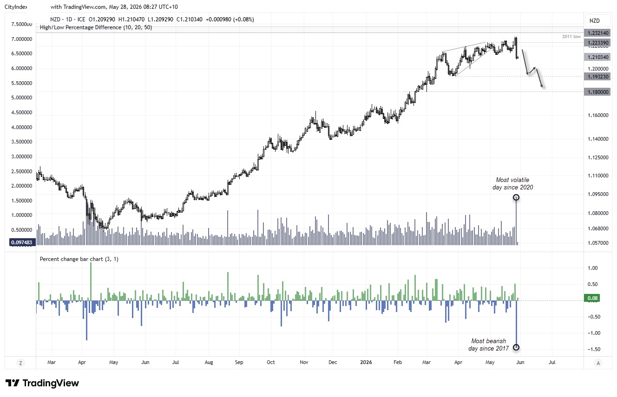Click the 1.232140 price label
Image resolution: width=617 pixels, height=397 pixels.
[x=597, y=33]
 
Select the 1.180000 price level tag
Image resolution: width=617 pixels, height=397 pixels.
[x=597, y=92]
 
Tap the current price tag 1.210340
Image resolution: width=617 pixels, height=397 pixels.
[x=597, y=57]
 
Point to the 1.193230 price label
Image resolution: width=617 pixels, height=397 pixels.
[x=597, y=77]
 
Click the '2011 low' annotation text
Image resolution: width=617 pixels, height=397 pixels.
[x=571, y=37]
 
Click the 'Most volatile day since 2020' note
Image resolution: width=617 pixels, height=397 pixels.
[x=512, y=183]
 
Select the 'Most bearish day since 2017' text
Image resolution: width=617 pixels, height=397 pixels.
[x=488, y=345]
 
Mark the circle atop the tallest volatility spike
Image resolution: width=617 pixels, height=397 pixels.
[x=516, y=197]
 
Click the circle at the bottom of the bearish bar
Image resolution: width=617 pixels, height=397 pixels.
[x=516, y=347]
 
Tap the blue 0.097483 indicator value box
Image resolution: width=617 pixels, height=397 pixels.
[x=22, y=242]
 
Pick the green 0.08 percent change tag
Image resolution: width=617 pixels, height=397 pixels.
[x=592, y=298]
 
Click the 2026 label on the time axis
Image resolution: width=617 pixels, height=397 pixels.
[x=366, y=362]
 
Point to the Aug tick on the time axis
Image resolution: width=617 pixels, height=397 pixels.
[x=209, y=362]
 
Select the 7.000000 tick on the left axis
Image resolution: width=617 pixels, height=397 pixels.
[x=21, y=39]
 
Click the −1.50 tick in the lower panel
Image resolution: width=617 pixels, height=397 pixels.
[x=594, y=349]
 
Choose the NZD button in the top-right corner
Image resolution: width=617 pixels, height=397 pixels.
[x=594, y=21]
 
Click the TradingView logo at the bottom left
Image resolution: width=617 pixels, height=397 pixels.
[x=42, y=383]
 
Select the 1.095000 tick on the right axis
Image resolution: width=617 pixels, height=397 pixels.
[x=598, y=195]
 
